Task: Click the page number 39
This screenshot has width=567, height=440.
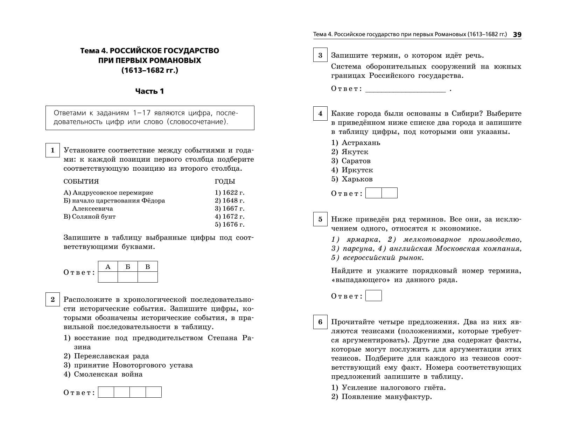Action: click(x=517, y=35)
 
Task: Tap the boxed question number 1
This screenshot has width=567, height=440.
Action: click(x=52, y=150)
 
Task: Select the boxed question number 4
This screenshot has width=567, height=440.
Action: click(x=320, y=114)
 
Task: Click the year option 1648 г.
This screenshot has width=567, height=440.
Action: click(x=230, y=200)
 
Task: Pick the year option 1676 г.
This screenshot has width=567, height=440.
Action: click(x=230, y=225)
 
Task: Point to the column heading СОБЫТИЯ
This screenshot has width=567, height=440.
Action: click(x=81, y=182)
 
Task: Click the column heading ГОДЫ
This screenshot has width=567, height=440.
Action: click(x=225, y=182)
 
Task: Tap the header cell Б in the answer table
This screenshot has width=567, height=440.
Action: click(x=128, y=267)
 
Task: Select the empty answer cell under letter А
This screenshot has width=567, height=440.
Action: click(x=108, y=277)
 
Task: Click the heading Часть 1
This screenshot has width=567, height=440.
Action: click(x=149, y=91)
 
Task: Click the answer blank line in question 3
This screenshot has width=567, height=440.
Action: click(x=405, y=89)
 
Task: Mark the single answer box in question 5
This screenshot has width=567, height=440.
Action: click(x=373, y=296)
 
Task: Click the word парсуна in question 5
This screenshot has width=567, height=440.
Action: click(x=358, y=249)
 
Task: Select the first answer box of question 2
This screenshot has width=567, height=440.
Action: click(x=106, y=392)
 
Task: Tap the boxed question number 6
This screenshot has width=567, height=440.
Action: click(x=320, y=322)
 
